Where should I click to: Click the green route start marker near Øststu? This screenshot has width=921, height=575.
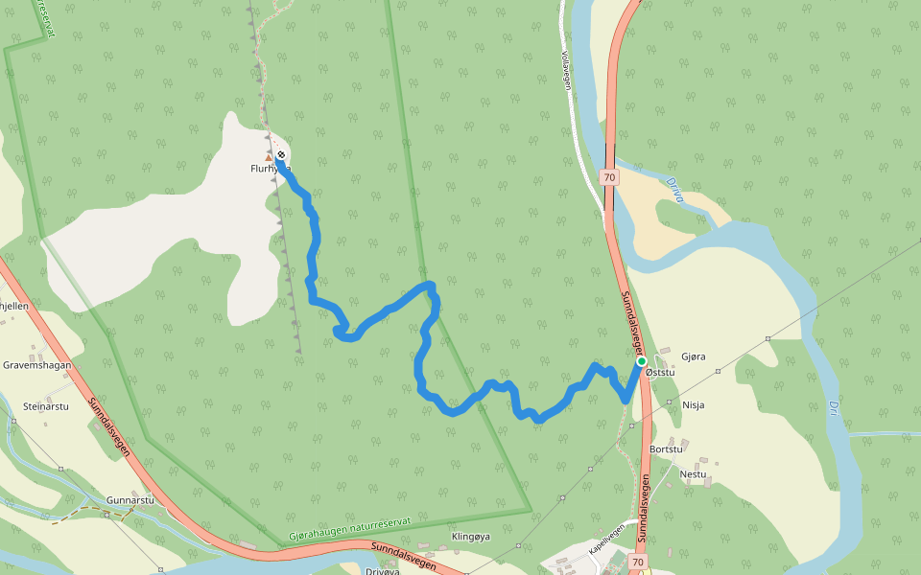click(x=641, y=361)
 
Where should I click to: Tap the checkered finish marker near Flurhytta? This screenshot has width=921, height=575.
click(x=281, y=154)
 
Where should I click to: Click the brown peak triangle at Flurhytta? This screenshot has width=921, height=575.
click(x=269, y=157)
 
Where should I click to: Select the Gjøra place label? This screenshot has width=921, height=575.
click(x=693, y=356)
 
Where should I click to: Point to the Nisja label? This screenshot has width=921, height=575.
click(x=693, y=404)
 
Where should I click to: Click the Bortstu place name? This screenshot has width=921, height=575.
click(x=666, y=448)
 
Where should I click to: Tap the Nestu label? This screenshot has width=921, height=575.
click(x=693, y=473)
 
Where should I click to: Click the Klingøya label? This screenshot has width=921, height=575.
click(x=470, y=537)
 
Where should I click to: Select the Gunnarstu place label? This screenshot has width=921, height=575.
click(x=130, y=500)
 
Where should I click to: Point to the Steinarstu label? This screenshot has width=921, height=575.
click(x=46, y=406)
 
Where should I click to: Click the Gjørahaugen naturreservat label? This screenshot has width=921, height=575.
click(x=349, y=530)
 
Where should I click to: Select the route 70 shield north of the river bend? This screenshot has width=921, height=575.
click(x=609, y=177)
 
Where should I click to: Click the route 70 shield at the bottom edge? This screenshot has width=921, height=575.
click(x=638, y=561)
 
